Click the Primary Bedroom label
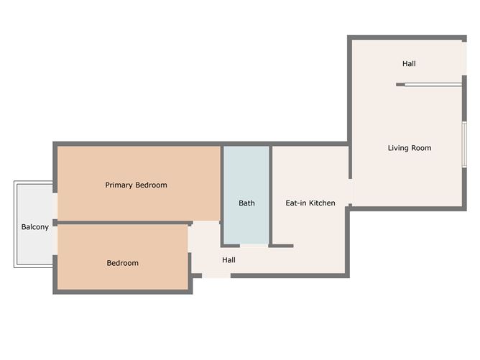click(x=136, y=185)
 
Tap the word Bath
click(x=246, y=203)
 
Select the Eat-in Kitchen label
click(x=310, y=203)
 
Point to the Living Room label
click(x=410, y=148)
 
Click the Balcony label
click(x=35, y=227)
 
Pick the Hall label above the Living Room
click(x=409, y=64)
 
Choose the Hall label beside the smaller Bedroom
click(x=229, y=260)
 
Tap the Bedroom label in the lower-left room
click(x=122, y=263)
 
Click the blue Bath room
click(x=246, y=195)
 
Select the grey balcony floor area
click(x=34, y=224)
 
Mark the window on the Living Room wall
click(x=464, y=144)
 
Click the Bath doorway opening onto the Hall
click(x=254, y=246)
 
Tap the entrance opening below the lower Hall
click(x=216, y=276)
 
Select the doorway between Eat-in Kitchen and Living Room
click(x=350, y=191)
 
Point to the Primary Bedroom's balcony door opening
click(x=55, y=206)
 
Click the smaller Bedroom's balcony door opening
click(x=55, y=240)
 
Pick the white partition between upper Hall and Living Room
click(x=433, y=85)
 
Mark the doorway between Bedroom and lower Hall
click(x=190, y=239)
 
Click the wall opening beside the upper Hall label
click(x=464, y=59)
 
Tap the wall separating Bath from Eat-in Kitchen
click(x=271, y=196)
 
